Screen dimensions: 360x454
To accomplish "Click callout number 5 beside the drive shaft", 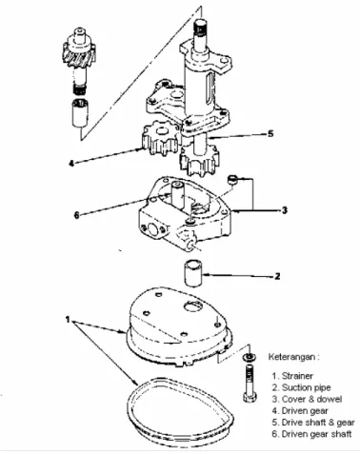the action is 270,133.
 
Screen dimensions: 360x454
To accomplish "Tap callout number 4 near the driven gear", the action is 71,164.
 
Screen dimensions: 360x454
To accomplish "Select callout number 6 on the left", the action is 76,215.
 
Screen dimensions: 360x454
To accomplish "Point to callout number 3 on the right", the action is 285,210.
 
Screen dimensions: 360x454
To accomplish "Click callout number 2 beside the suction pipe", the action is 277,276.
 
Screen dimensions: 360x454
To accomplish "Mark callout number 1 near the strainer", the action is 68,319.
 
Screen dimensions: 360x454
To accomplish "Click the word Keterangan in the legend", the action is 291,357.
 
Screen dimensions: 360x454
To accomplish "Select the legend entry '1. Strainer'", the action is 292,376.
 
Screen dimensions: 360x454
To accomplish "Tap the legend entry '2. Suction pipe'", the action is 301,387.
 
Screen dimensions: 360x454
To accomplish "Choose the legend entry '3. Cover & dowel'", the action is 307,399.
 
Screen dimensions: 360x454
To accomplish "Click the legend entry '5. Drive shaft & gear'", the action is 313,423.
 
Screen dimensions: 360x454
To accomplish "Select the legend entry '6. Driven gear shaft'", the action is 311,434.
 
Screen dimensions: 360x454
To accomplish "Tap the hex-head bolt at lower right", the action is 250,384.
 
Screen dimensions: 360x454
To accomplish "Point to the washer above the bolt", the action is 250,357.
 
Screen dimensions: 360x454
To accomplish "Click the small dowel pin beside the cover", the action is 232,179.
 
